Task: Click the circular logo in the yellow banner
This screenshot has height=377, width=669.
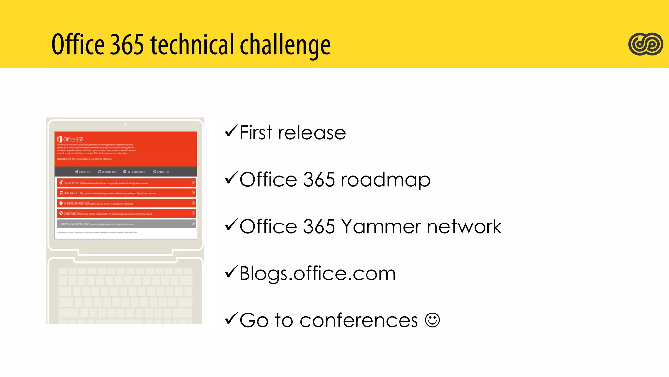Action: click(x=645, y=44)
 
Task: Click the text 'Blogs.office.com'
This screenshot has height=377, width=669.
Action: click(x=318, y=274)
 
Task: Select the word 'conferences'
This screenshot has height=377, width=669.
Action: click(x=359, y=320)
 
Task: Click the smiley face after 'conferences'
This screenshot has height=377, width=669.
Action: click(x=432, y=320)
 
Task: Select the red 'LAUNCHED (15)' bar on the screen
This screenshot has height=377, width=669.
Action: click(x=126, y=183)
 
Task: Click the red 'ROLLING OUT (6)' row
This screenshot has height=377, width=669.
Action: click(x=126, y=193)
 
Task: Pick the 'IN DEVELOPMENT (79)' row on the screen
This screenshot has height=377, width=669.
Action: click(x=126, y=203)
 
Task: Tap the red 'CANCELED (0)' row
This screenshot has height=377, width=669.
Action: click(x=126, y=213)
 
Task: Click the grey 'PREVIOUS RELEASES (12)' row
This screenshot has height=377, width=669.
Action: click(x=126, y=224)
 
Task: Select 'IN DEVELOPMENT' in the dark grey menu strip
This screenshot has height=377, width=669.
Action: click(x=135, y=172)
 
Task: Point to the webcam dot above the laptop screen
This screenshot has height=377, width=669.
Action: click(x=125, y=124)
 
